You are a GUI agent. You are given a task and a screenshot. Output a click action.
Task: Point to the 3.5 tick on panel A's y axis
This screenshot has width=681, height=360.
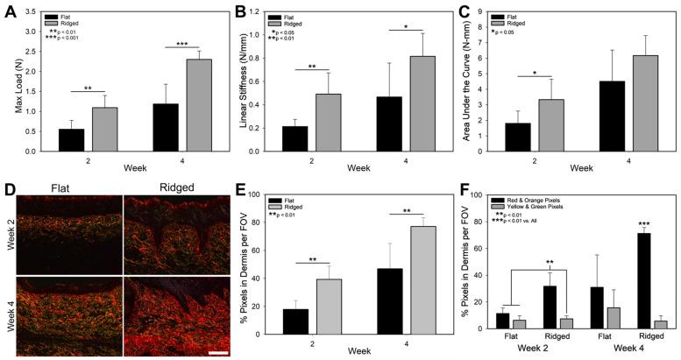point(35,11)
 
